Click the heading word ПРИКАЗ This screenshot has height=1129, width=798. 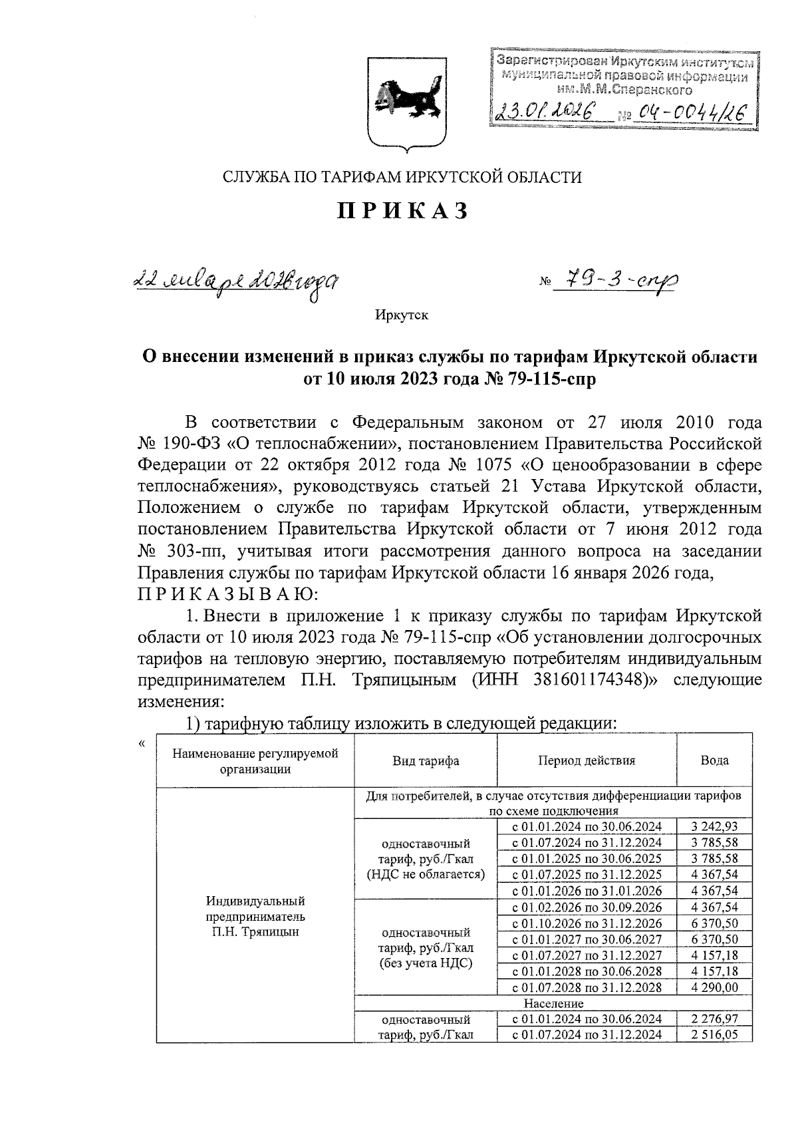point(403,211)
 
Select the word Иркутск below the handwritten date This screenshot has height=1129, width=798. point(401,315)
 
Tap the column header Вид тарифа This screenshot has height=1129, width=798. point(426,761)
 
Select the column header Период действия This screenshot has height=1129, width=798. point(587,760)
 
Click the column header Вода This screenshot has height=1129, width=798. point(714,760)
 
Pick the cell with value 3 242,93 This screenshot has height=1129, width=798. point(714,827)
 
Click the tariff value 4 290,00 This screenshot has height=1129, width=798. point(714,987)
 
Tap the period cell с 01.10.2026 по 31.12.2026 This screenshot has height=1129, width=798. point(587,923)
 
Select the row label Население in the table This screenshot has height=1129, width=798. point(553,1003)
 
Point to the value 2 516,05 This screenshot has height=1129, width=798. point(714,1035)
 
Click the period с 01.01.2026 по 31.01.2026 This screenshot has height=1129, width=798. point(587,891)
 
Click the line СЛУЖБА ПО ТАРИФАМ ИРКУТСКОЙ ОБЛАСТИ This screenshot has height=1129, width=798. point(402,177)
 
